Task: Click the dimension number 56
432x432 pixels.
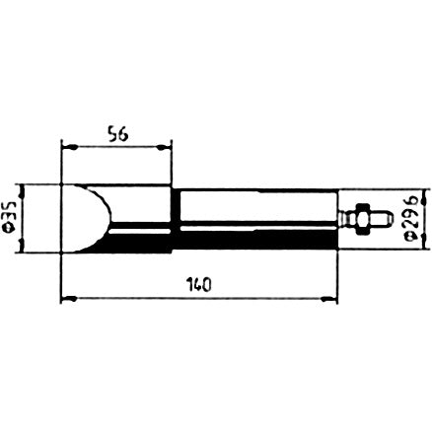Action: pos(117,135)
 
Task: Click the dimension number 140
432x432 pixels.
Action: pos(198,285)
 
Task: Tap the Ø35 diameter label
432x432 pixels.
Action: pos(11,217)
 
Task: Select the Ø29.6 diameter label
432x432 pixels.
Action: pos(412,219)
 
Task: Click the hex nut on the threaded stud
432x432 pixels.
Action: pos(362,218)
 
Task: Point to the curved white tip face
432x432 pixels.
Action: pos(87,218)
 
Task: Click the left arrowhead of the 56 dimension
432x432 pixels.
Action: pos(69,148)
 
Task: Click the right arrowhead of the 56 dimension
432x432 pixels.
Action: pos(164,148)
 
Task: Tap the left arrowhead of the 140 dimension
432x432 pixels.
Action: pos(69,299)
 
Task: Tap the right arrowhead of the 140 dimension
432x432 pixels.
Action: pos(329,299)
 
